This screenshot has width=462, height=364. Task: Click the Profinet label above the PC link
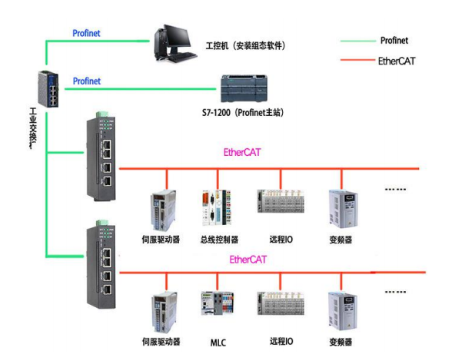[x=86, y=33]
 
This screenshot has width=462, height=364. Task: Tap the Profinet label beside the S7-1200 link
[x=86, y=81]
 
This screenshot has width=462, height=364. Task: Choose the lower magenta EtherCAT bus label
[x=248, y=260]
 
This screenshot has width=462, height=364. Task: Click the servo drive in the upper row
[x=164, y=209]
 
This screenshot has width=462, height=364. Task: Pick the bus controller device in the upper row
[x=214, y=209]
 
